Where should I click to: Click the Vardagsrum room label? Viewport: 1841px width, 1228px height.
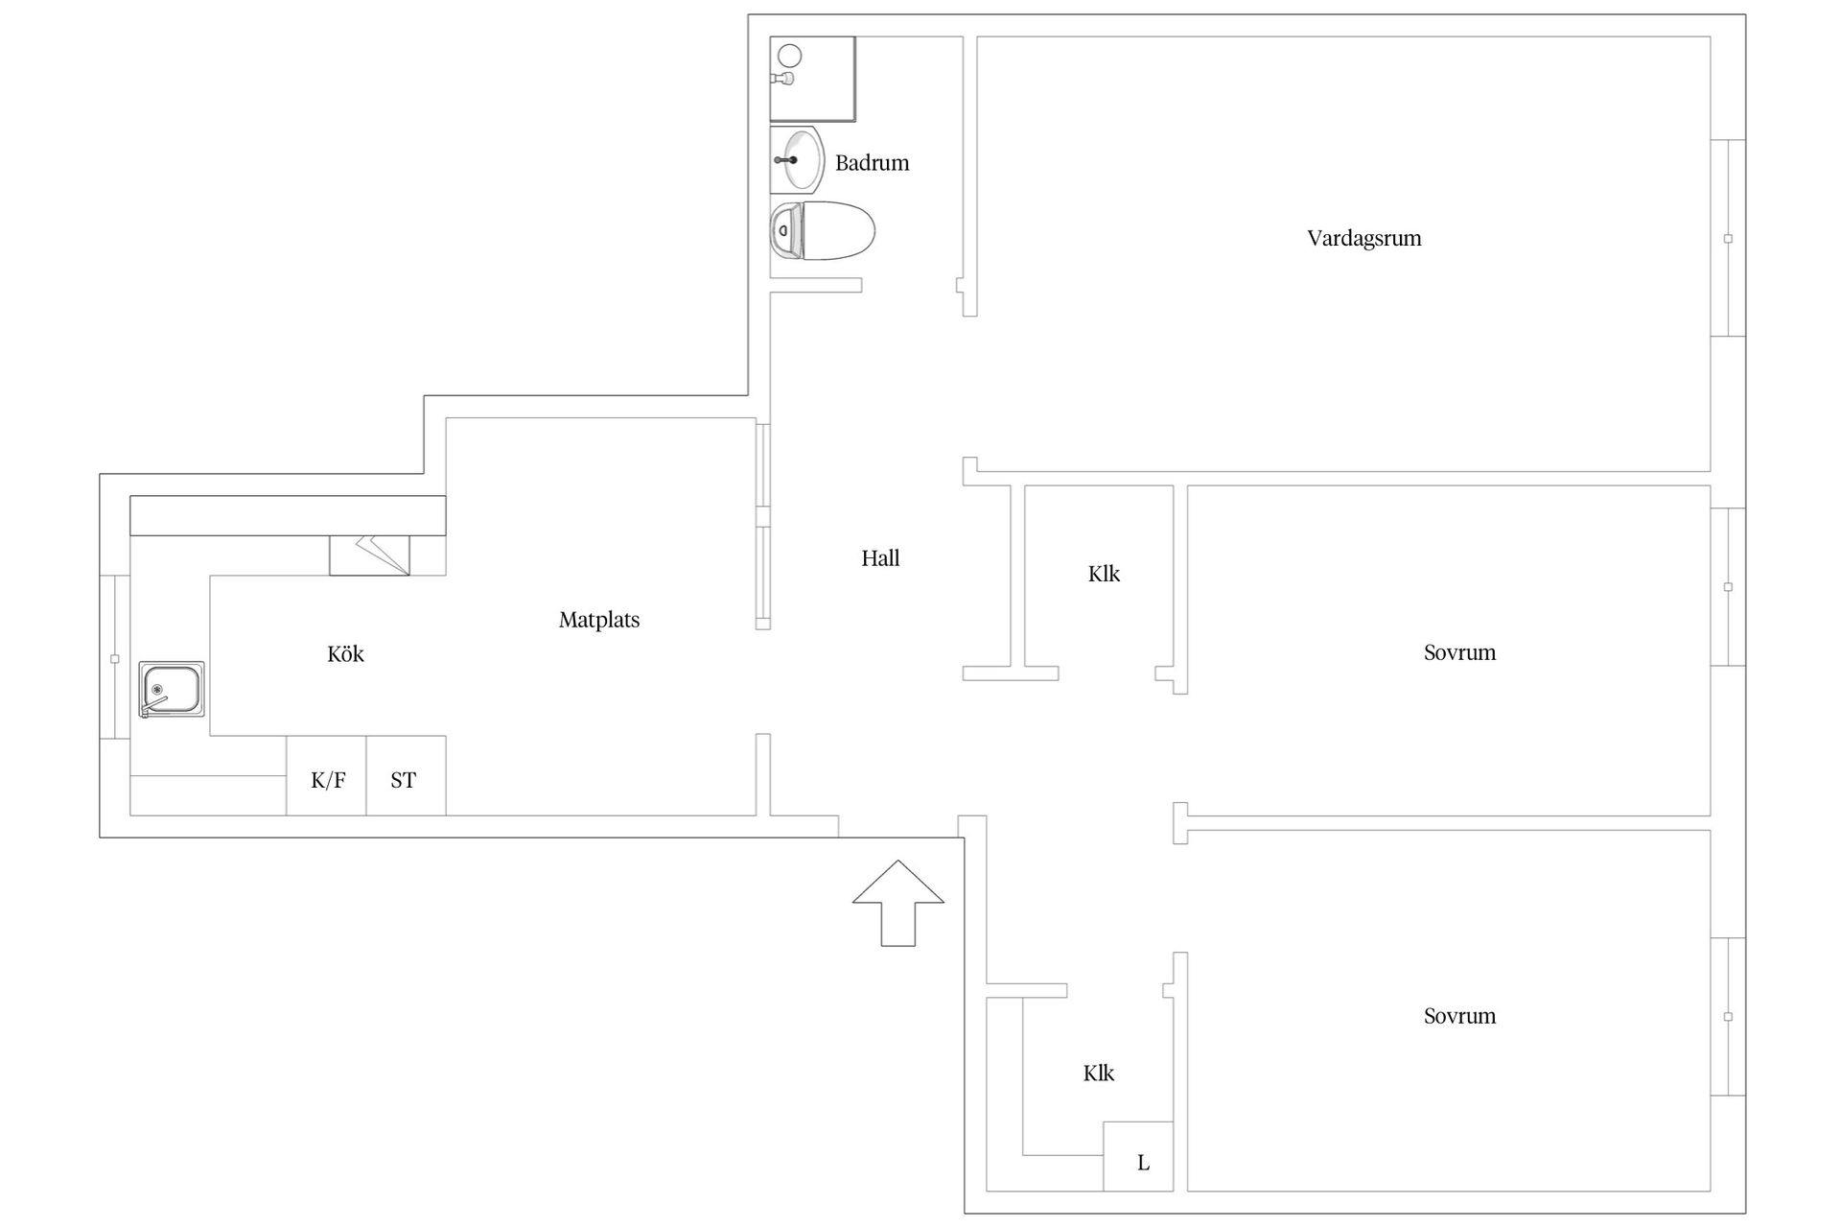1363,238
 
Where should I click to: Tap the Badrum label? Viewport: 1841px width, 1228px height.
872,163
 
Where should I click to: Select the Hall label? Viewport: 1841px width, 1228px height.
880,558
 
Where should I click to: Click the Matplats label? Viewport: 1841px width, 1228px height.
599,620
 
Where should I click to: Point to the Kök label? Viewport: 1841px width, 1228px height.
345,654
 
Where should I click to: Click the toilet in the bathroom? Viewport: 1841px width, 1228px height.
823,231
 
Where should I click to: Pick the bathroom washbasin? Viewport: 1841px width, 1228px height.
798,159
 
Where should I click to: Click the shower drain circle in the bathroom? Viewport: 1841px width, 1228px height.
789,55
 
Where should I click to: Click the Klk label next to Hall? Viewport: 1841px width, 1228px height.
1104,574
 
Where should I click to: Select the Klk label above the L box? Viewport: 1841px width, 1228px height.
1099,1073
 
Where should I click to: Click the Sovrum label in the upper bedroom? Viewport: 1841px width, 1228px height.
1459,652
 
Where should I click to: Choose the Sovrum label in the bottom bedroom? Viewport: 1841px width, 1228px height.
1459,1016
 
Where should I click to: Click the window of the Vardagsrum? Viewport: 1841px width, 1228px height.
1728,238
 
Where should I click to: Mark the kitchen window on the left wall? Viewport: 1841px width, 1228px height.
115,658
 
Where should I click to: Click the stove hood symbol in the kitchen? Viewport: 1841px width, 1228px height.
370,555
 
